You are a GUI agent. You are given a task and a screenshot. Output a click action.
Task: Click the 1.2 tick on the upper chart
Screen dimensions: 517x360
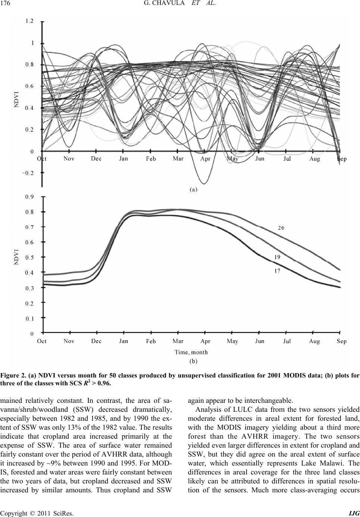pos(29,22)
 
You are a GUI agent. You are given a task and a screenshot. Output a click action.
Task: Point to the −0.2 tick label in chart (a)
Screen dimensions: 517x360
pos(28,173)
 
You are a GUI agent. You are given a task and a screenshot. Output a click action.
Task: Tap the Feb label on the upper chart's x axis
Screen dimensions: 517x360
pos(151,159)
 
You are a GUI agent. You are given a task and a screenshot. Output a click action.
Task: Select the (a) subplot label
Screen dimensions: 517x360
pos(193,189)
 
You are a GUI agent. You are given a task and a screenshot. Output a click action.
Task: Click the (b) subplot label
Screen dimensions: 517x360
pos(193,361)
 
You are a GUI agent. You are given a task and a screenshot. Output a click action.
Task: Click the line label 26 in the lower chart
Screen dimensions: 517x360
pos(281,228)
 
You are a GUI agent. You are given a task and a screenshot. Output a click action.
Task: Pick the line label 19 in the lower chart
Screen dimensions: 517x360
pos(277,257)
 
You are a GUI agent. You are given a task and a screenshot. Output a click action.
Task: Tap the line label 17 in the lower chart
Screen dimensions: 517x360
pos(277,271)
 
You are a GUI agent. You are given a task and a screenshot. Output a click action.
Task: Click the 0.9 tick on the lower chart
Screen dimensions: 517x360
pos(29,197)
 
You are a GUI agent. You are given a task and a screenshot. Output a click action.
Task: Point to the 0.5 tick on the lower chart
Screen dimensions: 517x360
pos(29,257)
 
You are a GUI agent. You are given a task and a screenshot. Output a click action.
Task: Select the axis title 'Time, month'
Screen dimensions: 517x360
pos(191,352)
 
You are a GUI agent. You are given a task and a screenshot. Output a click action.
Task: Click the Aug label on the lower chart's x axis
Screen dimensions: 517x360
pos(314,341)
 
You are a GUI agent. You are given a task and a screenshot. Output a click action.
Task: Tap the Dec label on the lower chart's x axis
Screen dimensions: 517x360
pos(96,341)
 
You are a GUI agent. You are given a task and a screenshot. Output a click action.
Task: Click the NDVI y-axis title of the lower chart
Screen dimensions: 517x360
pos(17,257)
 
